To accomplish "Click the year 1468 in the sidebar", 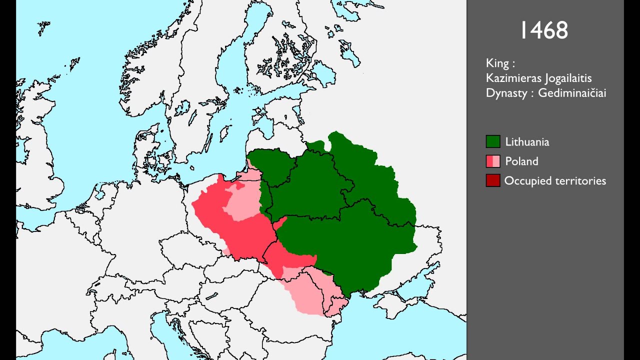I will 544,30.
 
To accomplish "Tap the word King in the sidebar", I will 497,63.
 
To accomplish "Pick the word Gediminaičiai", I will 572,93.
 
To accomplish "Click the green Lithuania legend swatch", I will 493,141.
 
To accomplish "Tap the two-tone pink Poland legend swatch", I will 493,161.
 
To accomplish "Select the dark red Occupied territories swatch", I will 493,180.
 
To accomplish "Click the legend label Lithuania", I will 527,142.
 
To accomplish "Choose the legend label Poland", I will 521,161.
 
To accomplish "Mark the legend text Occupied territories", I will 555,181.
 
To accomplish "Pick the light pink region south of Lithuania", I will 305,295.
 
